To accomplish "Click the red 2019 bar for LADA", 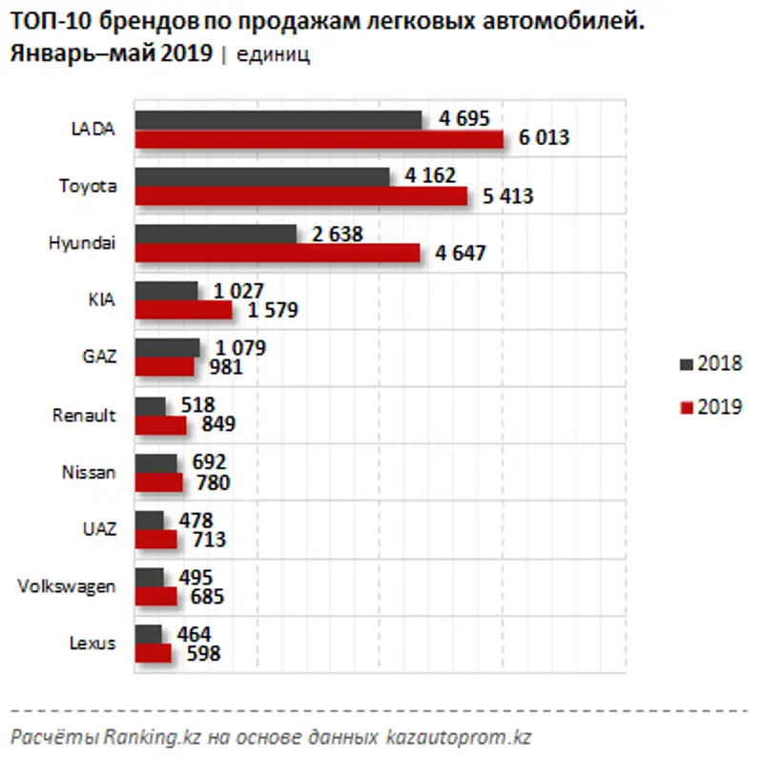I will point(319,139).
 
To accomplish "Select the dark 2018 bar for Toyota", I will point(262,176).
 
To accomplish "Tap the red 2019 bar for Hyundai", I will point(277,253).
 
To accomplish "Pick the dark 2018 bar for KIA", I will point(166,291).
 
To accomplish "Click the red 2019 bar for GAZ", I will point(164,367).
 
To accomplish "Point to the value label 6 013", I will point(544,138).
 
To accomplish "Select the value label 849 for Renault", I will point(213,425).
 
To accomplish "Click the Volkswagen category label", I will point(68,586).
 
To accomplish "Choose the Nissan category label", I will point(88,472).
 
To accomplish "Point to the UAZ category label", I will point(98,529).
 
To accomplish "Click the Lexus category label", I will point(93,644).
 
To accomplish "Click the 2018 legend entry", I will point(711,364).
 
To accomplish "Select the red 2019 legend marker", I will point(686,408).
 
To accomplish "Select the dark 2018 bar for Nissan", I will point(155,462).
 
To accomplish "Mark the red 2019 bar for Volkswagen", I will point(155,597).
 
